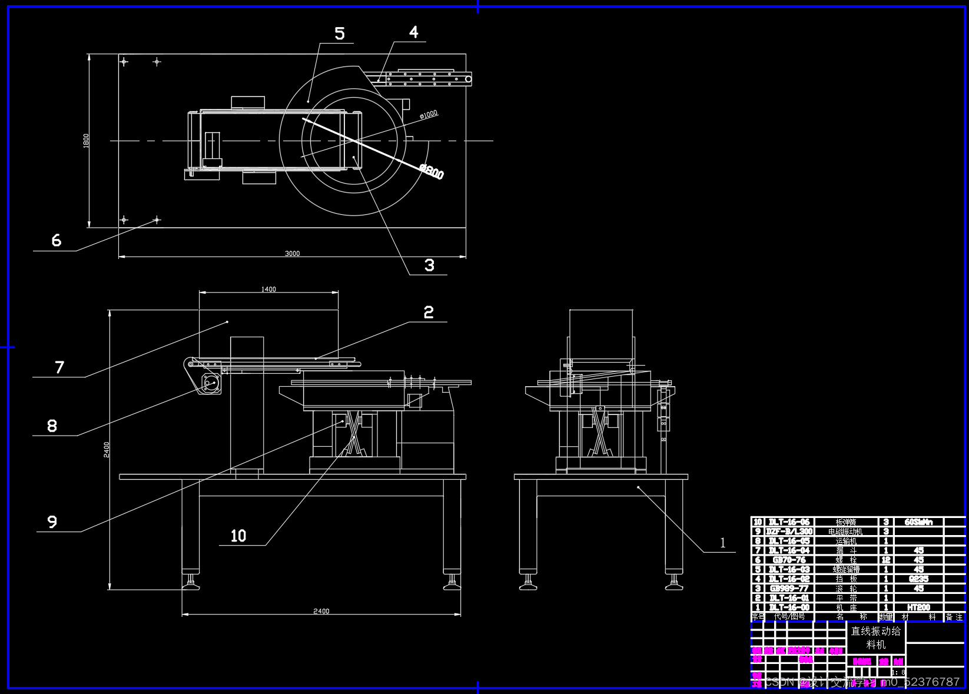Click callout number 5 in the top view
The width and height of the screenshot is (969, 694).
pos(340,34)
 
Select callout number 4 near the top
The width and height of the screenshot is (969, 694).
pos(414,32)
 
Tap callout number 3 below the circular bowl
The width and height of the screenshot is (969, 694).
pos(430,265)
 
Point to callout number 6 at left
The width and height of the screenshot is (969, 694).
pos(57,240)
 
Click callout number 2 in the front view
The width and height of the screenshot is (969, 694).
pos(429,313)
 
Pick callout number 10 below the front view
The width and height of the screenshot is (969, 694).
pos(238,536)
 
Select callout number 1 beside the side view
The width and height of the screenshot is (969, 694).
pos(723,543)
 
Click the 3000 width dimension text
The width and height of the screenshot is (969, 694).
pos(293,254)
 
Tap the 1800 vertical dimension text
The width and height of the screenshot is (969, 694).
pos(86,141)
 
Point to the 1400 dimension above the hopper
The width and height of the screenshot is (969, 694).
pos(268,289)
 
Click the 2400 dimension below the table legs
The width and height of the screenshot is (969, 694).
pos(321,611)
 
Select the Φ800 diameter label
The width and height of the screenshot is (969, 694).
pos(432,171)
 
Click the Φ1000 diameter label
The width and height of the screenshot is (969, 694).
pos(429,114)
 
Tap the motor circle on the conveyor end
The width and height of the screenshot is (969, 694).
pos(210,383)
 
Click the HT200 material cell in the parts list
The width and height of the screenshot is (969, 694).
pos(918,607)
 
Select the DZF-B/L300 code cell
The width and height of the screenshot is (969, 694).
pos(789,532)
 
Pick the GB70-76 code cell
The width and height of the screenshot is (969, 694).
pos(789,560)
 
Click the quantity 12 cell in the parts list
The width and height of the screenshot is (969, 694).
pos(886,560)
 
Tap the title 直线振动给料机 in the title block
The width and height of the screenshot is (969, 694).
pos(876,637)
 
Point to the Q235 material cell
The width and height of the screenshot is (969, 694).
pos(918,579)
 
